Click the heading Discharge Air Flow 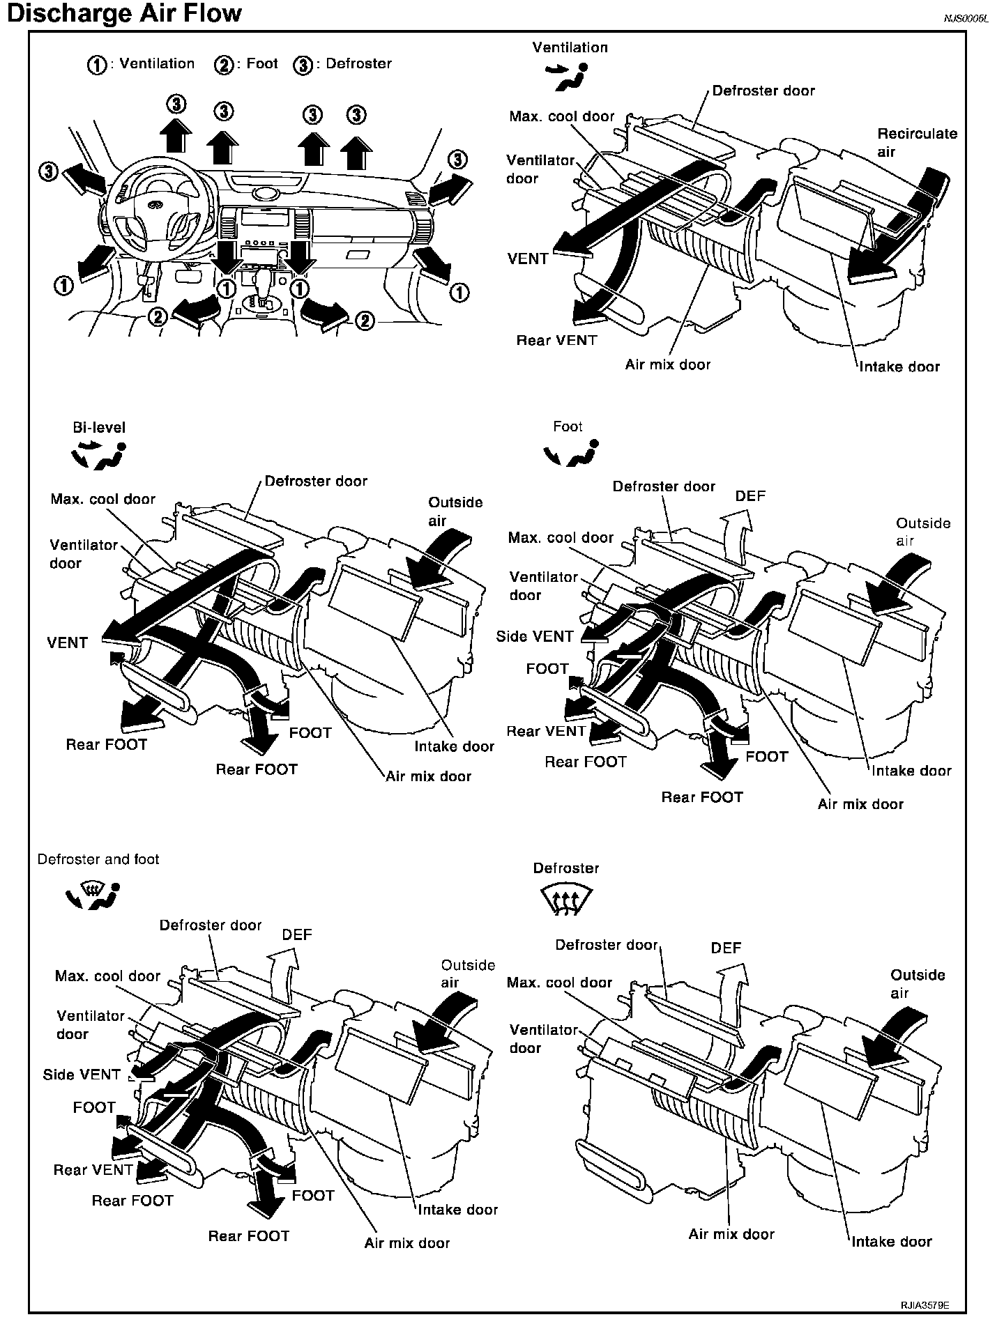click(124, 14)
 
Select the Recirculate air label click(917, 142)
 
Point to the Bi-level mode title click(99, 427)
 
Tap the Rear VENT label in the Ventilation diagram click(556, 341)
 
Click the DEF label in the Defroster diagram click(726, 948)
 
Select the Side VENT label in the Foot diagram click(535, 636)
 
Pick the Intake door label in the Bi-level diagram click(454, 746)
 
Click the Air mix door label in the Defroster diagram click(731, 1234)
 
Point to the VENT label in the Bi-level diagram click(68, 642)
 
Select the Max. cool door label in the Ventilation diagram click(562, 116)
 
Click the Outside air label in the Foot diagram click(922, 532)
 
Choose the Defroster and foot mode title click(98, 859)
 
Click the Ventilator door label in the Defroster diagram click(543, 1038)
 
